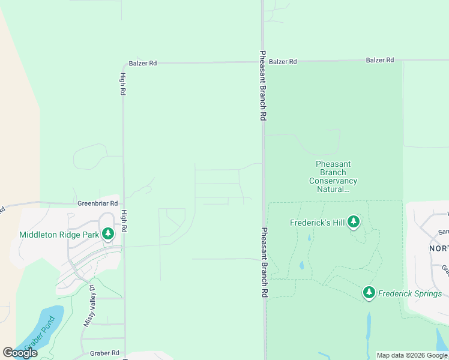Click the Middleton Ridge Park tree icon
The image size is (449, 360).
108,233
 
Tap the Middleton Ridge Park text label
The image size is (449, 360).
58,234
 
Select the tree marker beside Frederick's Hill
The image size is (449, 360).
354,222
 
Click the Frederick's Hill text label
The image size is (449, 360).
318,223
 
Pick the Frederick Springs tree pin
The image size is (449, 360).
369,293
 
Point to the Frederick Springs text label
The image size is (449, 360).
409,293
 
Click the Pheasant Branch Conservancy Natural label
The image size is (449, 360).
333,176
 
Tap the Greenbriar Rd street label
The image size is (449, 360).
98,203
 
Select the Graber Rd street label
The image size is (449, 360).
104,353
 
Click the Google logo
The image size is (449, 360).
20,353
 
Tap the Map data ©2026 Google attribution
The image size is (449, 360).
412,356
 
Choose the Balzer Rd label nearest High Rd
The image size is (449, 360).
143,63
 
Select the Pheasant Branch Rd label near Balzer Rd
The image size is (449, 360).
263,86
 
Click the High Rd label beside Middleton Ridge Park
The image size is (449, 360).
124,220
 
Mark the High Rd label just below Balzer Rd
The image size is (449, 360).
122,84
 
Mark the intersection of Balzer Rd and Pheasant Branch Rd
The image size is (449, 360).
263,61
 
